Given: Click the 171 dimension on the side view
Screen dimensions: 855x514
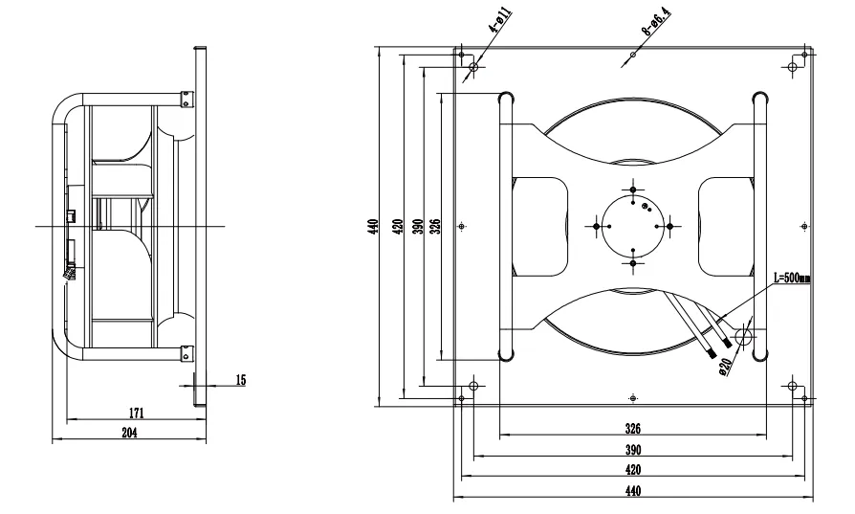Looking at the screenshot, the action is point(136,413).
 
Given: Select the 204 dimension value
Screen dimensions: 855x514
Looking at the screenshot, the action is point(129,433).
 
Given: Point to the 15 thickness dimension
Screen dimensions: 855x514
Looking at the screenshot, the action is point(240,380).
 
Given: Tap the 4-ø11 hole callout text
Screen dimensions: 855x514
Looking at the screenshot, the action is point(499,20).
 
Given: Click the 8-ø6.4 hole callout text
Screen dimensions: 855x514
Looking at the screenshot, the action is point(656,22).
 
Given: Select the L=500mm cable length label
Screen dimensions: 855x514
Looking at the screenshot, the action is point(792,279).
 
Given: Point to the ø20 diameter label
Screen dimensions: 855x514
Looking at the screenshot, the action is point(726,366).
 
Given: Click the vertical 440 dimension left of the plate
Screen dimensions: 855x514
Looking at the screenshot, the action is point(373,227).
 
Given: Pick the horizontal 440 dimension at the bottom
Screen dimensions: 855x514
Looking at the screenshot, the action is point(632,491).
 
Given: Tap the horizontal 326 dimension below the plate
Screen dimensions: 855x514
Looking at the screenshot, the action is point(632,429).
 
